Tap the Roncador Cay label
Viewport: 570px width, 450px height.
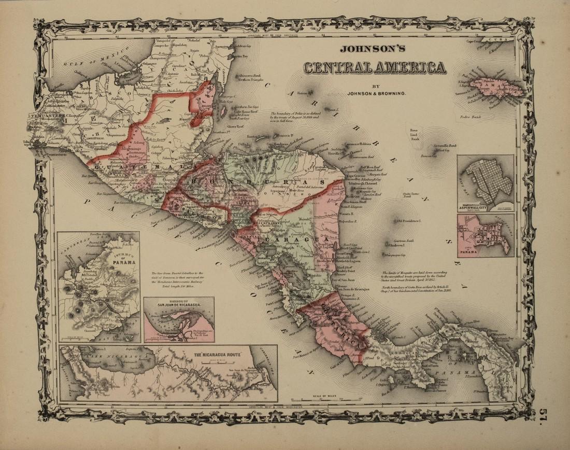pos(428,156)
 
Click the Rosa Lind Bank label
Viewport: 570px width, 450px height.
pos(415,134)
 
